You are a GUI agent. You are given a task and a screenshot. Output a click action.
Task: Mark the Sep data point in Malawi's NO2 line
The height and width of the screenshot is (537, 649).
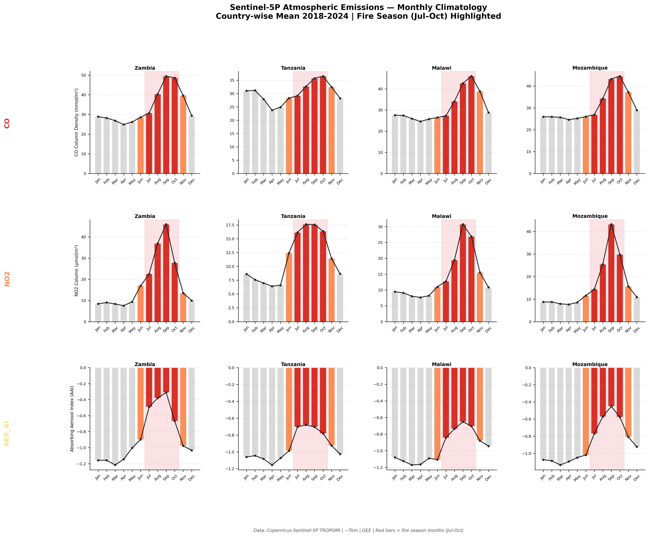tap(463, 225)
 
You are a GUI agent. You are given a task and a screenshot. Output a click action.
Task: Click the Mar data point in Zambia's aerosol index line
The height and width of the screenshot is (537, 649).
tap(115, 465)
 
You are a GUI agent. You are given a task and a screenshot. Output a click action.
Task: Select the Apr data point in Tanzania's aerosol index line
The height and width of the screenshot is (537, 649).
tap(272, 465)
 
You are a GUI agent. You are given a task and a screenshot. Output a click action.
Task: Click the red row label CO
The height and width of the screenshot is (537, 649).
tap(7, 123)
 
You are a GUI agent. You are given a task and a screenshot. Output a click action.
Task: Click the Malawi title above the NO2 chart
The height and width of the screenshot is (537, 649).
tap(441, 216)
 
